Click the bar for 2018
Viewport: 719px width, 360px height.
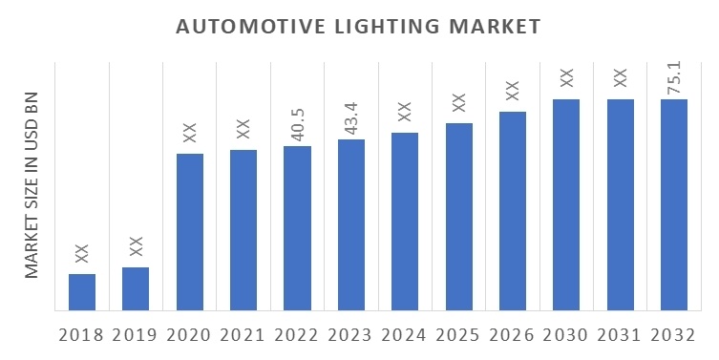(x=82, y=291)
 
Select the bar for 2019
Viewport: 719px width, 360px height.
(x=136, y=288)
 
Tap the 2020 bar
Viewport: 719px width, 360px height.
(x=189, y=231)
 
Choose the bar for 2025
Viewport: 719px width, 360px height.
(x=458, y=216)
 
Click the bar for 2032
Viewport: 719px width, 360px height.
(x=674, y=204)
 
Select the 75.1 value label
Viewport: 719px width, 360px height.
(x=674, y=79)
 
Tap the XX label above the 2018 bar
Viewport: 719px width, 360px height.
(x=82, y=253)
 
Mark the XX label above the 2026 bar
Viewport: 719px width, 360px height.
(x=513, y=92)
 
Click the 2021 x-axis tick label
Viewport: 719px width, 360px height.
(x=243, y=335)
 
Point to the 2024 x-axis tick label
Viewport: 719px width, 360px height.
(x=405, y=335)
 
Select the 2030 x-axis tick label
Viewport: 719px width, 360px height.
(x=566, y=335)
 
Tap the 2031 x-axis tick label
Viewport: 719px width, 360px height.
(x=620, y=335)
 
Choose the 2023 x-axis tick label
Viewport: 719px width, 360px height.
(x=350, y=335)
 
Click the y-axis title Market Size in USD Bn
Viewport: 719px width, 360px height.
(x=32, y=185)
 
